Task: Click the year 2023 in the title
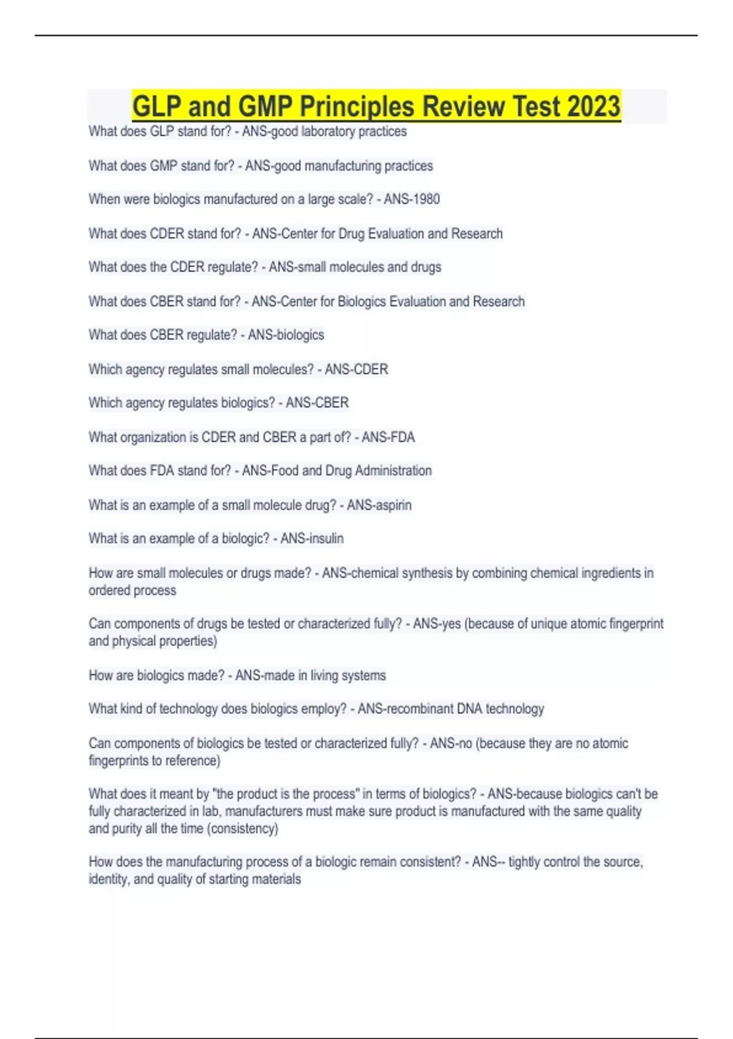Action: click(x=593, y=106)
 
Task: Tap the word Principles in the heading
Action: click(x=357, y=106)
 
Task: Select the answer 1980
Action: click(x=426, y=199)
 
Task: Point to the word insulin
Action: click(x=327, y=538)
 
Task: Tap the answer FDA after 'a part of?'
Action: click(x=401, y=437)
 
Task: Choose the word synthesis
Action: click(x=426, y=573)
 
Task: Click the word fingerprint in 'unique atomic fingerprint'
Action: click(x=636, y=624)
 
